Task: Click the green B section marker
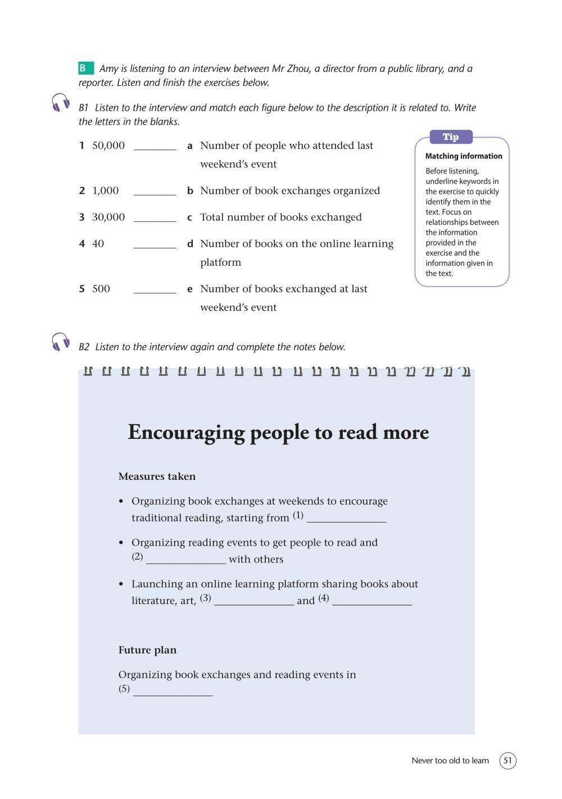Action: [x=85, y=69]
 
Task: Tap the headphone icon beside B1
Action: [x=61, y=103]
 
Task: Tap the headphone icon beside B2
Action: [x=61, y=342]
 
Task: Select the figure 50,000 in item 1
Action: [x=108, y=146]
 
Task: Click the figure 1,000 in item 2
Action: [x=105, y=190]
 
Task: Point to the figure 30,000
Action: [x=108, y=217]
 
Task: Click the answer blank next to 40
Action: [x=155, y=245]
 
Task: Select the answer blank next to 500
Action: [x=155, y=290]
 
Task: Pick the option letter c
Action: [x=190, y=217]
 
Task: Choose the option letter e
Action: [x=190, y=289]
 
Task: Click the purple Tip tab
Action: [x=451, y=137]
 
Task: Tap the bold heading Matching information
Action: [x=464, y=156]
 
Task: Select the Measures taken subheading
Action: [x=157, y=476]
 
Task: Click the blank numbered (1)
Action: [x=346, y=519]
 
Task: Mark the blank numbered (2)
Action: [x=185, y=560]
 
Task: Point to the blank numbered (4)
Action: [x=371, y=602]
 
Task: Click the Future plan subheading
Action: [x=147, y=650]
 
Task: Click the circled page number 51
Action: [x=507, y=761]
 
